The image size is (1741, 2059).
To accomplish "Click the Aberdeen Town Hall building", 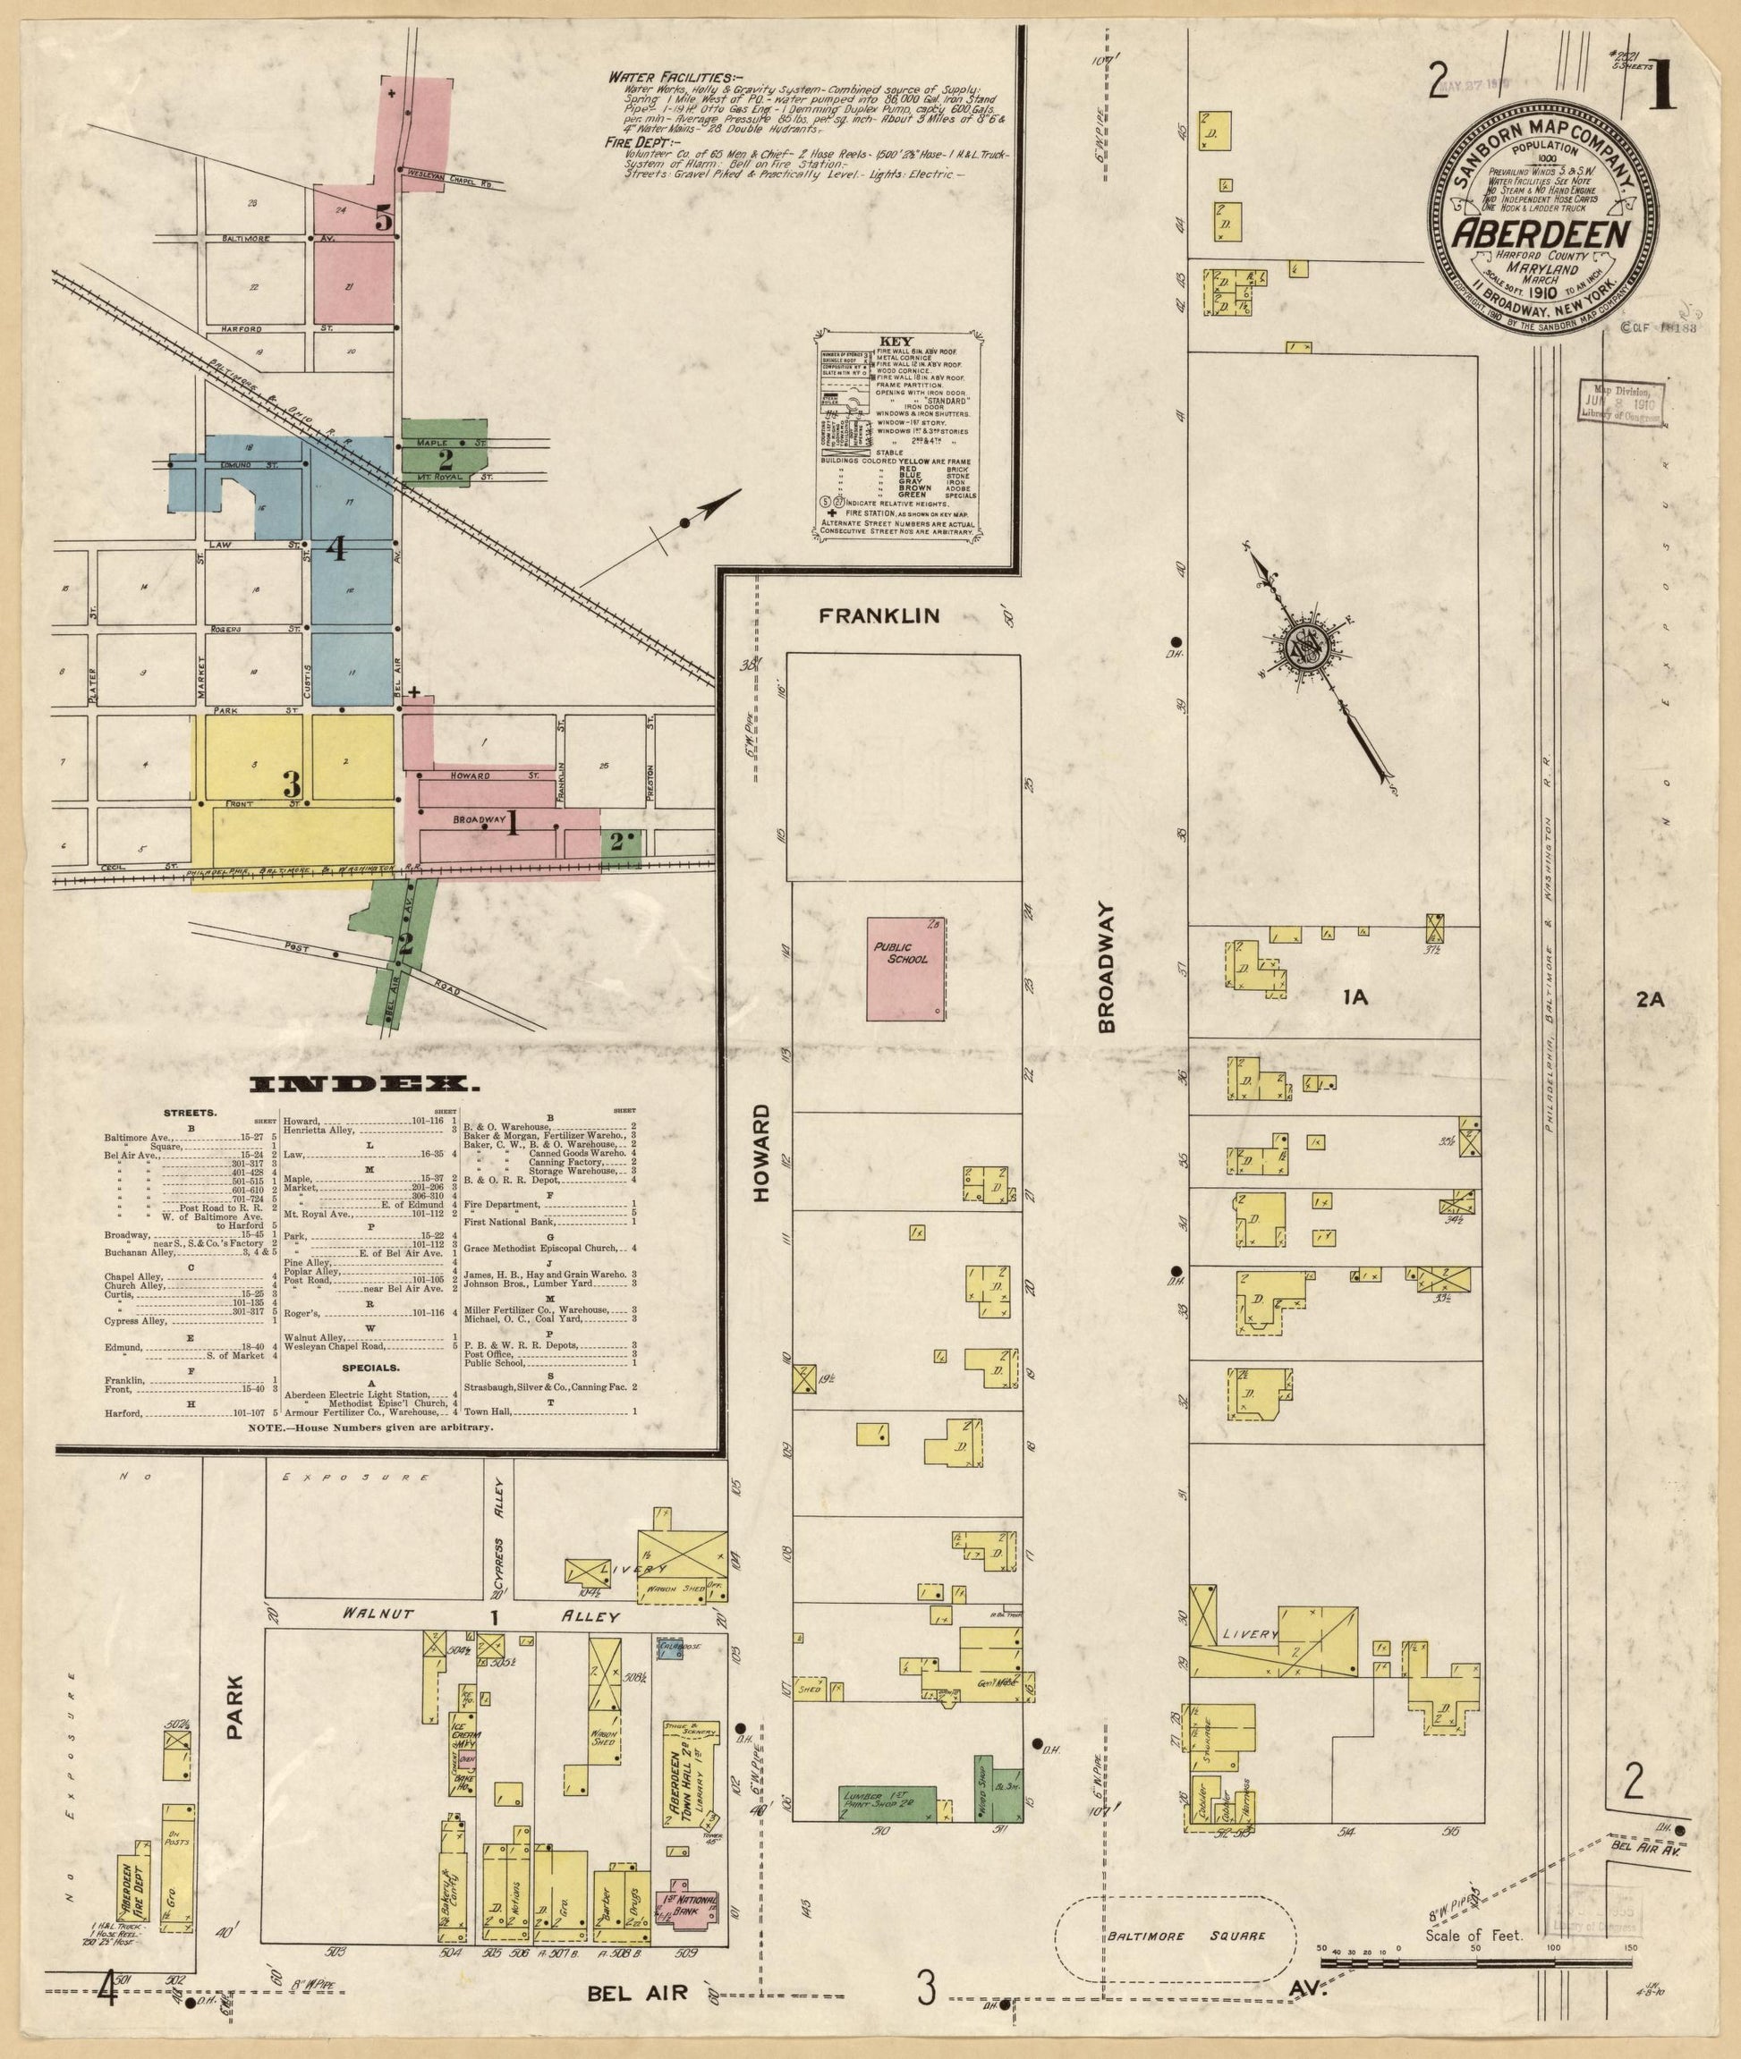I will [x=689, y=1773].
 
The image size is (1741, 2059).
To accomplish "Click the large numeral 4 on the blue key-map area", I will [x=336, y=547].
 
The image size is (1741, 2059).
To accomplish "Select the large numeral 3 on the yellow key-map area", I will [x=290, y=784].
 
